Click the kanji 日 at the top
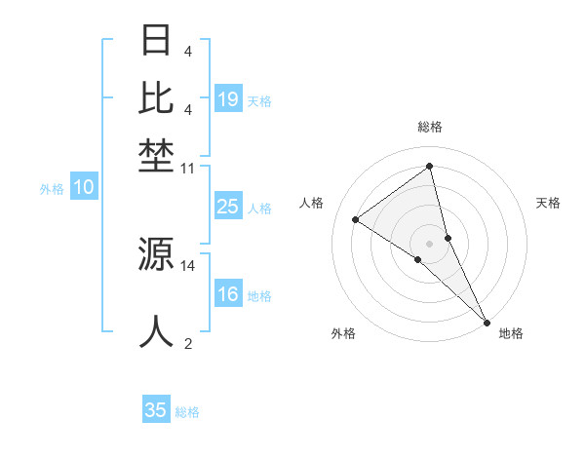pyautogui.click(x=157, y=41)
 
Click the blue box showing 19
pyautogui.click(x=228, y=98)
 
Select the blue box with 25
pyautogui.click(x=228, y=207)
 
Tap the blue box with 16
pyautogui.click(x=228, y=295)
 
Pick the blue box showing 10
pyautogui.click(x=83, y=188)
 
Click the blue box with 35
pyautogui.click(x=156, y=410)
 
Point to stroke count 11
pyautogui.click(x=188, y=169)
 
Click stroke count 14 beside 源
pyautogui.click(x=188, y=265)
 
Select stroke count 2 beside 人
pyautogui.click(x=188, y=343)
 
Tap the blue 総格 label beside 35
pyautogui.click(x=187, y=412)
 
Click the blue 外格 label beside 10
pyautogui.click(x=52, y=189)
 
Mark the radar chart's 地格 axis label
pyautogui.click(x=511, y=333)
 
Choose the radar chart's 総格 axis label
pyautogui.click(x=430, y=127)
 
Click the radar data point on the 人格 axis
pyautogui.click(x=355, y=219)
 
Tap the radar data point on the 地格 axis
pyautogui.click(x=487, y=321)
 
